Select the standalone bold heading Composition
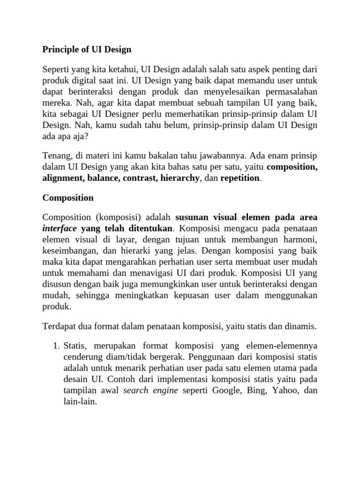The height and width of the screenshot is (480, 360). (x=68, y=198)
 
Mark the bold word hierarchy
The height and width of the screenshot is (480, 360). (x=180, y=178)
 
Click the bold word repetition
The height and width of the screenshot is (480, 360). (x=240, y=178)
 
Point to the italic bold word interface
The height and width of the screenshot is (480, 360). (x=60, y=229)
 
